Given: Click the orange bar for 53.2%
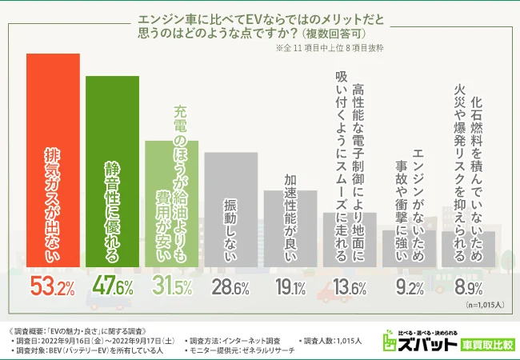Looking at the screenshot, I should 54,160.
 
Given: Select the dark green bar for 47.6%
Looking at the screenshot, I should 113,172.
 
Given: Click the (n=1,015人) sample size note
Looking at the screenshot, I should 479,304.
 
